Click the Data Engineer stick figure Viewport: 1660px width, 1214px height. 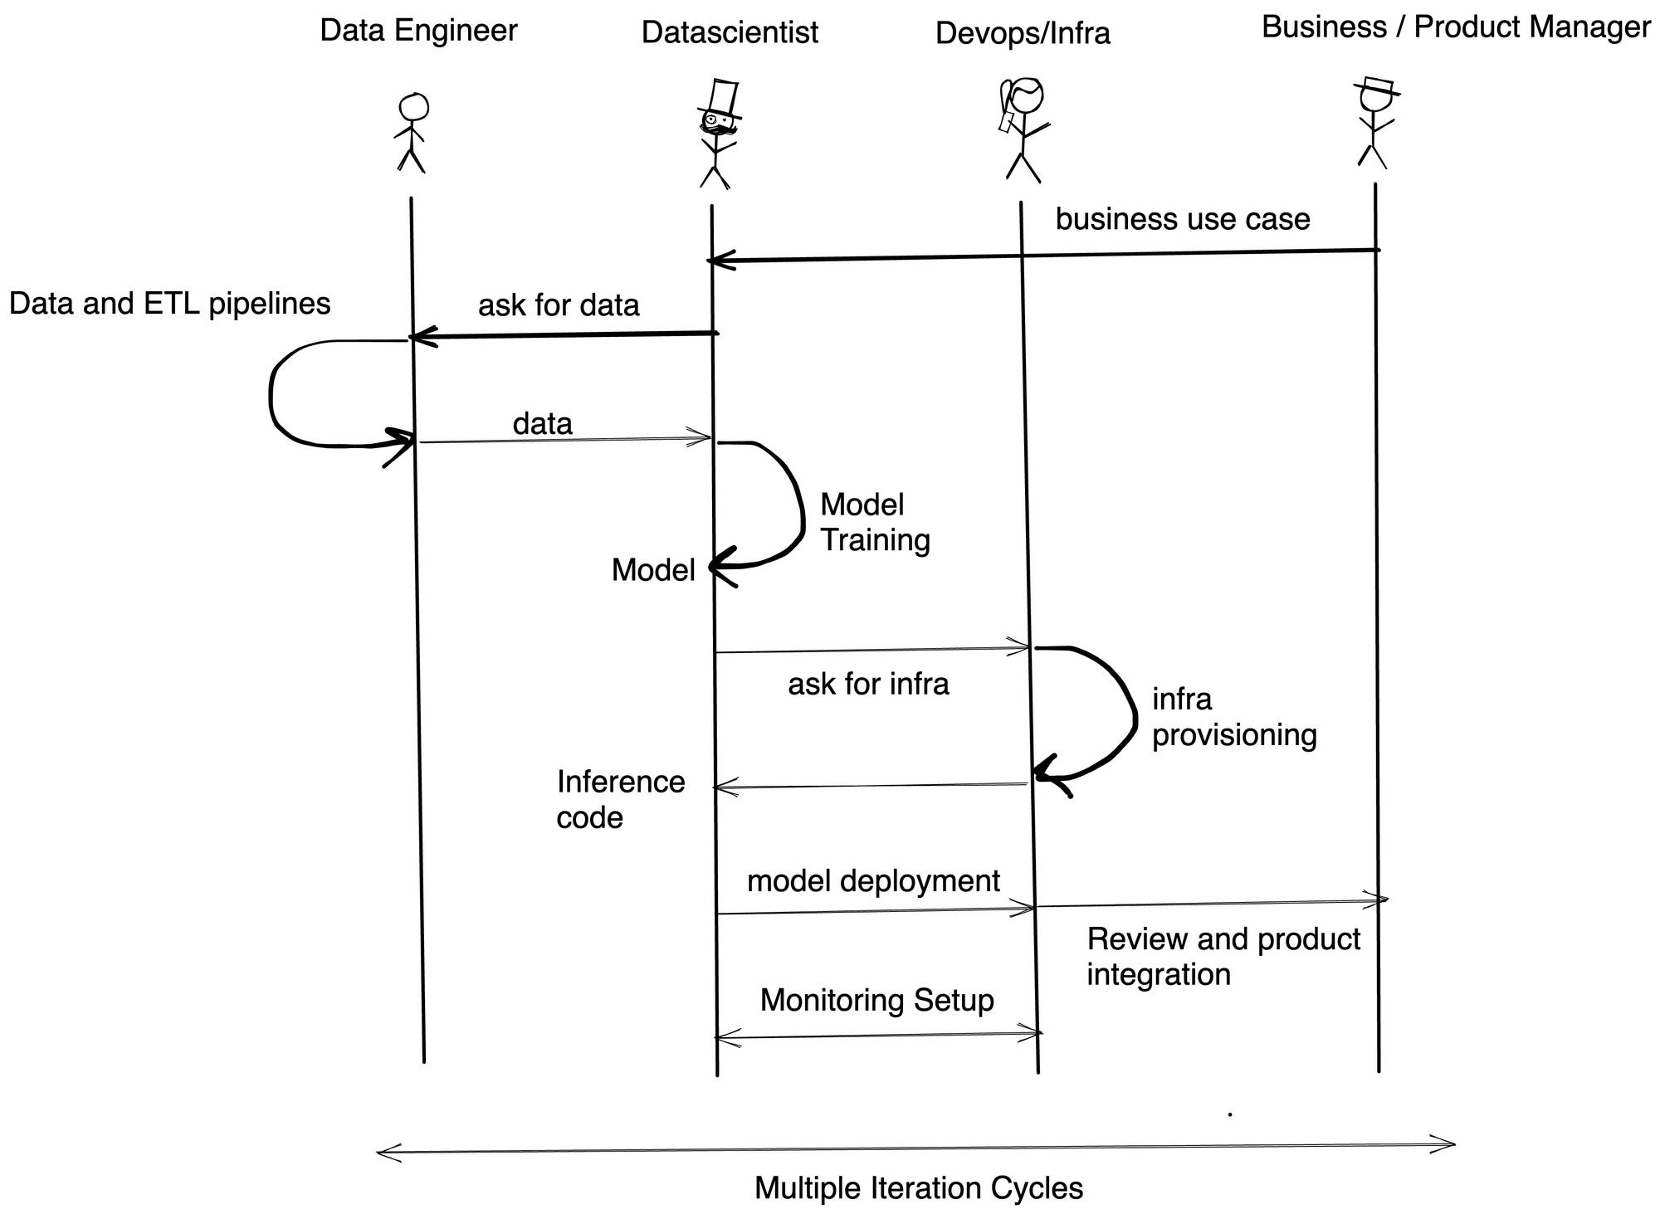412,133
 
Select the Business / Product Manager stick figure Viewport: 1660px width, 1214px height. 1374,124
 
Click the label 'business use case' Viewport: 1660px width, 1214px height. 1182,220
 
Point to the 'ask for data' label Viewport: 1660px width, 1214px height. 559,305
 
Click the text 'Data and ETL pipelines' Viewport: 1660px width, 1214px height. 169,304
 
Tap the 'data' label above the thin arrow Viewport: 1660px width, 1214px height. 542,424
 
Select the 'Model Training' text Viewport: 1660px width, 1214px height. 873,522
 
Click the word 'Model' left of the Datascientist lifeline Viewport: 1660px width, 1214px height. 652,570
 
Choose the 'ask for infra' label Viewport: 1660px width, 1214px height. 867,684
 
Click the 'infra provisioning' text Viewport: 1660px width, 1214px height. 1233,717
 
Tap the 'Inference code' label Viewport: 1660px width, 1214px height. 619,799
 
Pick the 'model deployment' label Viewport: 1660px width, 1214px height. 872,880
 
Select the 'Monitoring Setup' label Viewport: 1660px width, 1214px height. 876,1000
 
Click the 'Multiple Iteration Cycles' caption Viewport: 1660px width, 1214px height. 918,1188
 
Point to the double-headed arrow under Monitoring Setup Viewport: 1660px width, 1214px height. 878,1036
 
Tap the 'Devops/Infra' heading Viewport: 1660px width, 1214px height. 1022,33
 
